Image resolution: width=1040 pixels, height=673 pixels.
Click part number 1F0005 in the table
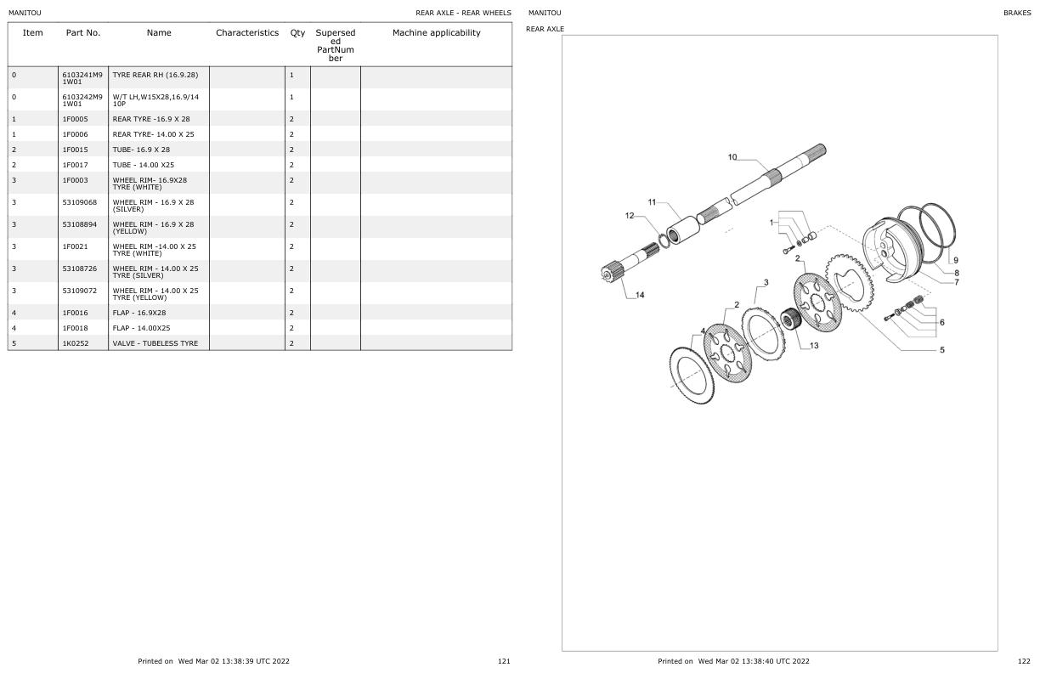(x=75, y=119)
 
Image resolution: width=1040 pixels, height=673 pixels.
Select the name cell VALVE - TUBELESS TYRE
(x=155, y=343)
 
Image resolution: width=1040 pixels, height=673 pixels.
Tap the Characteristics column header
(x=247, y=33)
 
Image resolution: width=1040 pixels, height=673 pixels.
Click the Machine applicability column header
(x=436, y=33)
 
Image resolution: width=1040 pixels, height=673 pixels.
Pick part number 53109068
(x=80, y=202)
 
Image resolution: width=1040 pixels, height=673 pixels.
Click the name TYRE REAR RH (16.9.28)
(x=155, y=75)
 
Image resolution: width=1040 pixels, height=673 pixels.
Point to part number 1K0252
(x=75, y=343)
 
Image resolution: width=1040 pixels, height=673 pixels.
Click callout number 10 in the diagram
(x=732, y=156)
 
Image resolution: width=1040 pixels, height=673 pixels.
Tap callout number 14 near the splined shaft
(x=639, y=295)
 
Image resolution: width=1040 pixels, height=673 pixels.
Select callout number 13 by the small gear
(x=814, y=345)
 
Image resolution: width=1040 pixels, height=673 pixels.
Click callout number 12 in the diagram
(x=630, y=216)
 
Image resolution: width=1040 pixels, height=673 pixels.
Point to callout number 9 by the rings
(x=956, y=260)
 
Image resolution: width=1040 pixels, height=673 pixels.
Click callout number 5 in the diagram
(x=941, y=349)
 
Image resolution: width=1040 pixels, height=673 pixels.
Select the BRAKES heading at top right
(x=1016, y=13)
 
